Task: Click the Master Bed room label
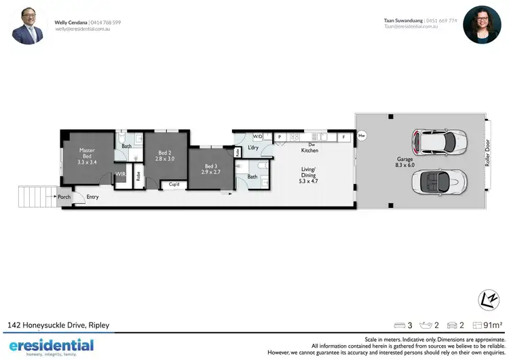click(x=87, y=156)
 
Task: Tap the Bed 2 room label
click(x=165, y=156)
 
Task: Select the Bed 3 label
click(x=209, y=169)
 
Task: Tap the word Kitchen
click(x=309, y=150)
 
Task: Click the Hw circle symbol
click(x=362, y=137)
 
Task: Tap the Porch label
click(x=64, y=197)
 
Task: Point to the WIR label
click(x=120, y=175)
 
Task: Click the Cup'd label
click(x=174, y=184)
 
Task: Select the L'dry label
click(x=253, y=147)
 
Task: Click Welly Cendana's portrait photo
click(x=28, y=25)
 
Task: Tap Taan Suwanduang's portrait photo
click(x=482, y=25)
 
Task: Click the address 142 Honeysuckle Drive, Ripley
click(x=58, y=325)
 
